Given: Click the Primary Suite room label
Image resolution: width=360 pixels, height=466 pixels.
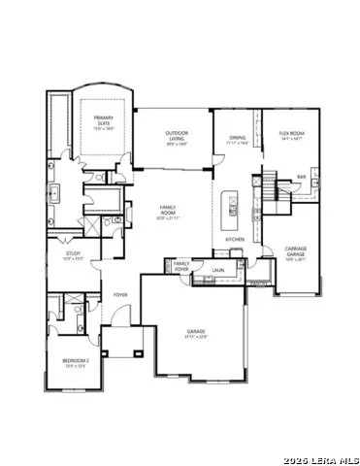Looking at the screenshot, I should pyautogui.click(x=103, y=120).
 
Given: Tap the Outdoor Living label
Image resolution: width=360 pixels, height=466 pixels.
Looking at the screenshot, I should pyautogui.click(x=176, y=135).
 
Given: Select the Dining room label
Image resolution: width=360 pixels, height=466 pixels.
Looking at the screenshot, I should pyautogui.click(x=238, y=137).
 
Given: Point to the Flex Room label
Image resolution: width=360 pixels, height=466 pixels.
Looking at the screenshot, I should pyautogui.click(x=291, y=134).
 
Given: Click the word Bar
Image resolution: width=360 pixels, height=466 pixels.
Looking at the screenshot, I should pyautogui.click(x=302, y=177).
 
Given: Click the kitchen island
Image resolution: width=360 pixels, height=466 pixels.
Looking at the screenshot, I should pyautogui.click(x=233, y=205).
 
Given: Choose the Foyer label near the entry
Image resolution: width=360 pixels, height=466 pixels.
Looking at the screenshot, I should pyautogui.click(x=120, y=293).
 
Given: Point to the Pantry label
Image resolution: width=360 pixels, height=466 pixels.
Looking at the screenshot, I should pyautogui.click(x=257, y=283).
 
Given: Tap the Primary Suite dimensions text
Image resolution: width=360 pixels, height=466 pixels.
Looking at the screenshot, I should pyautogui.click(x=103, y=129).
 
